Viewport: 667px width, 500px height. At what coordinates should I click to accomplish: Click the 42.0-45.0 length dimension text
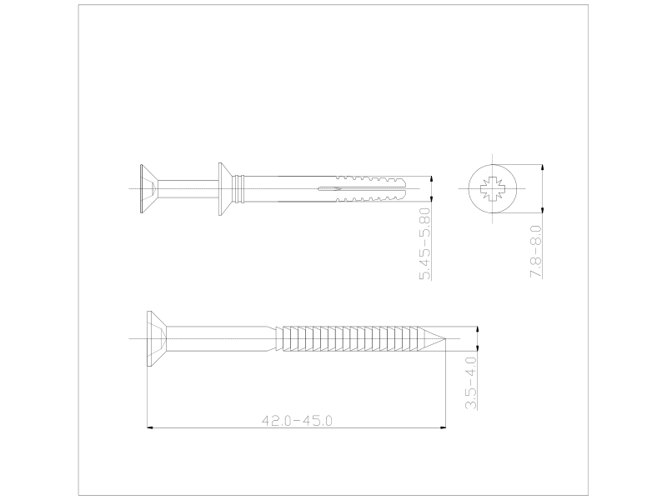[297, 421]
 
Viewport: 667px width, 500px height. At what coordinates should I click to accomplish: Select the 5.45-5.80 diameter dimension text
[425, 243]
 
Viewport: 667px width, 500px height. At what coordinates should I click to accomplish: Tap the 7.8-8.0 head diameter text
[536, 252]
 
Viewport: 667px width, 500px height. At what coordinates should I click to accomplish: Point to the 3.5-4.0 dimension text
[470, 383]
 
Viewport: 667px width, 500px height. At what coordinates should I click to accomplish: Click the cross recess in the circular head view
[492, 189]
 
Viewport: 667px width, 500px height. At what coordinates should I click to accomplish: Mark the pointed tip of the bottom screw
[445, 339]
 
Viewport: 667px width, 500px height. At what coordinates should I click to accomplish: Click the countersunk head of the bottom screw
[156, 339]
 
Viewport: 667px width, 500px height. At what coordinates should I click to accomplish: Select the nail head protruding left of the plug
[149, 189]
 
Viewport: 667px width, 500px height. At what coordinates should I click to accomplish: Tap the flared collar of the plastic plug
[225, 189]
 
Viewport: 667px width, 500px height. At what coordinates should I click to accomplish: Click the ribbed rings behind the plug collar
[239, 189]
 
